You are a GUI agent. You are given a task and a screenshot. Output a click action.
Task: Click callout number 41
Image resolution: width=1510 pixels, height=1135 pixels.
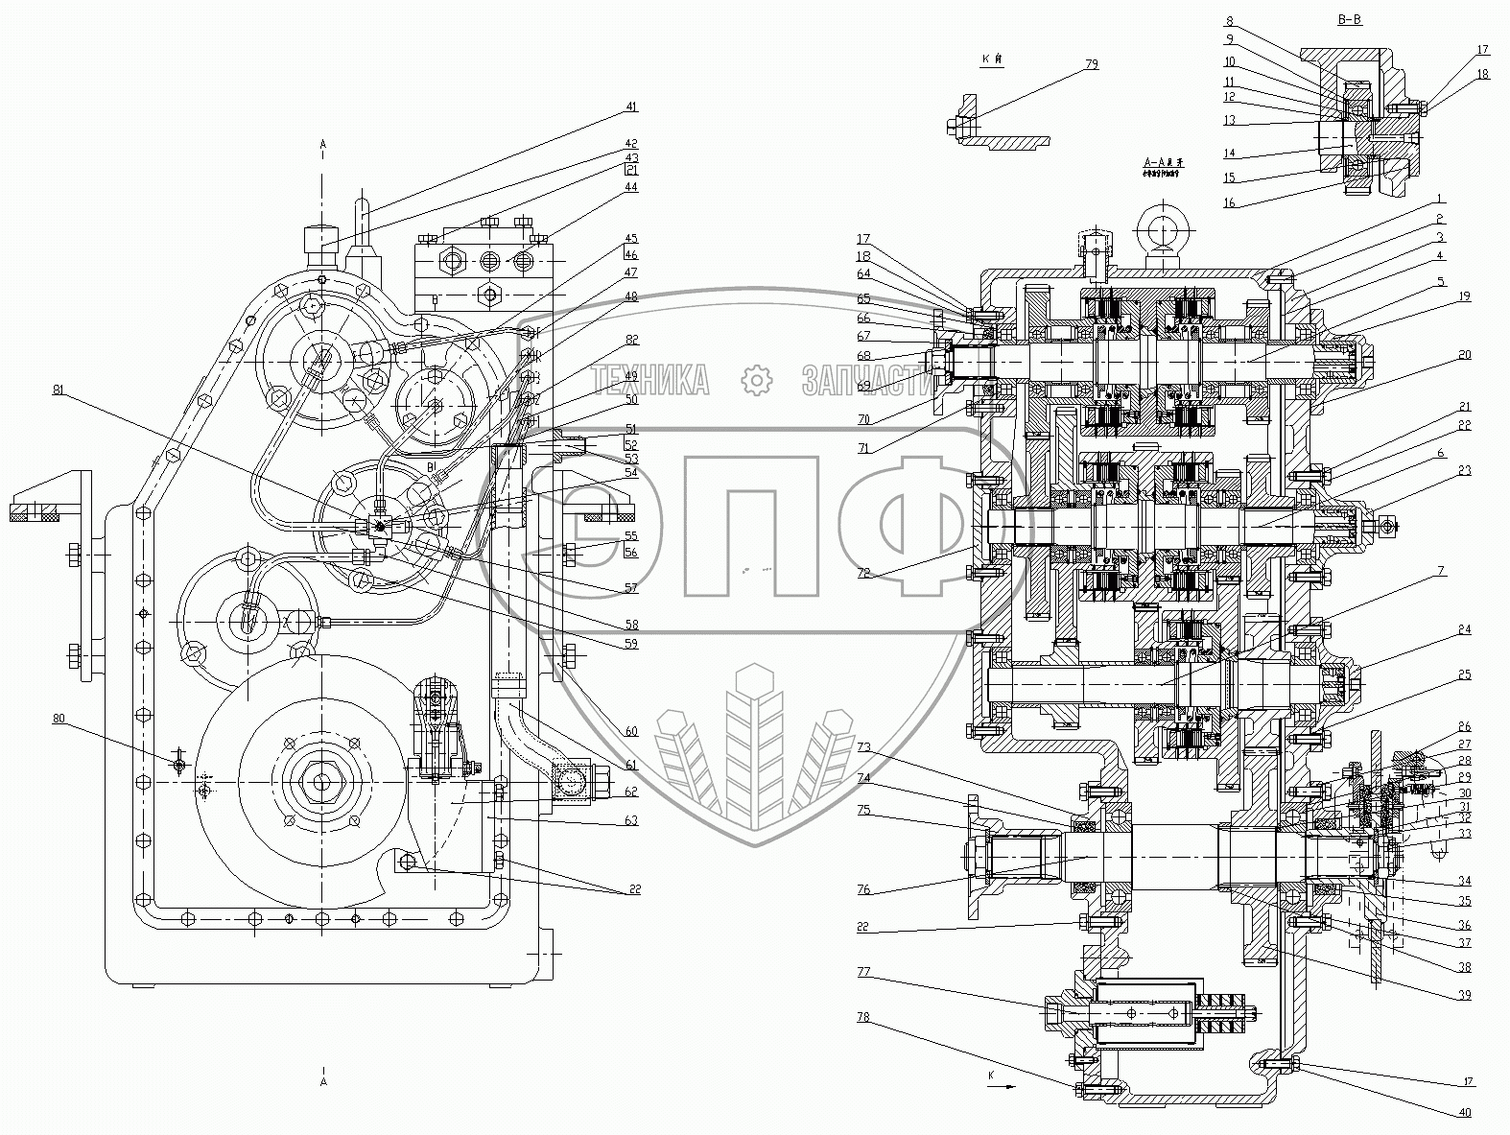[x=629, y=106]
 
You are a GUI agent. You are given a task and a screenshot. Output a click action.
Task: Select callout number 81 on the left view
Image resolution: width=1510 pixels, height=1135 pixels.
[x=59, y=390]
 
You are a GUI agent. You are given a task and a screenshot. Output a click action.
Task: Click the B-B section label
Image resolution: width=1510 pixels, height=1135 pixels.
[x=1349, y=20]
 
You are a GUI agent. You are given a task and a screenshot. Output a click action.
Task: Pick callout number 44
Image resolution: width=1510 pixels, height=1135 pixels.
[x=629, y=187]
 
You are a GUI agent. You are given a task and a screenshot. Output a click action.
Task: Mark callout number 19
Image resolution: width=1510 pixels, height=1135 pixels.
[x=1464, y=296]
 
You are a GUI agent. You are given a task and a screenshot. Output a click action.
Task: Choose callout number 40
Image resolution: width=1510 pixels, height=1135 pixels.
[x=1464, y=1112]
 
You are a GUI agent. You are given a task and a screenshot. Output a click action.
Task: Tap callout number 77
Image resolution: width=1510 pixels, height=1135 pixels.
[x=863, y=972]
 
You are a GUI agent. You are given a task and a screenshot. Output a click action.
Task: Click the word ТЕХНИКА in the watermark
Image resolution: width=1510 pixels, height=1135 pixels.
[x=651, y=381]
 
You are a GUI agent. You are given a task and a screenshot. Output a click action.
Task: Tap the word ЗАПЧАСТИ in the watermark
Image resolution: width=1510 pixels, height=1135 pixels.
[x=865, y=381]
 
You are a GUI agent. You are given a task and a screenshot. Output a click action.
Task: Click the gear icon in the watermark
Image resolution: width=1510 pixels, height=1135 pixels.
[x=758, y=380]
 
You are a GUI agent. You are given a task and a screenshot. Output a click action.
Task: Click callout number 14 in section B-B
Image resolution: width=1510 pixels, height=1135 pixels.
[x=1229, y=154]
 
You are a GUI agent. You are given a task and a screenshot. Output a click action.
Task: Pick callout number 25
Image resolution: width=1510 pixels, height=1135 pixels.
[x=1464, y=674]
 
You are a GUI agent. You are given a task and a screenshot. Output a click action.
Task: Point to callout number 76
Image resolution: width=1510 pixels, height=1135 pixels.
[x=863, y=890]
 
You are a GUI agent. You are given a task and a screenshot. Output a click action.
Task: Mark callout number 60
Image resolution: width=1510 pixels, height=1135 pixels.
[x=630, y=732]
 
